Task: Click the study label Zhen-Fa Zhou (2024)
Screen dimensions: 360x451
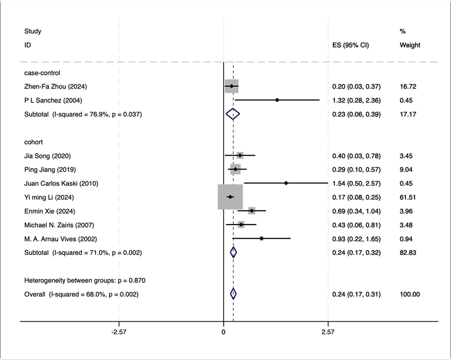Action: coord(56,86)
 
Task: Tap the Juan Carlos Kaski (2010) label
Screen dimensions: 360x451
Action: coord(61,183)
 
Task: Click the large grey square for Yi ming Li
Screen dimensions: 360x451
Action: coord(230,197)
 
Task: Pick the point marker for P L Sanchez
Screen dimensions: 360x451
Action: coord(277,100)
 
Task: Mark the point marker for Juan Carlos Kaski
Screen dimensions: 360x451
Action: coord(286,183)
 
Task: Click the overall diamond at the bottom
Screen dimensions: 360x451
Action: coord(233,294)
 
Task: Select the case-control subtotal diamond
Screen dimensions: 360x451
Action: coord(233,114)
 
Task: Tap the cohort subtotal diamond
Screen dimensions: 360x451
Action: coord(233,253)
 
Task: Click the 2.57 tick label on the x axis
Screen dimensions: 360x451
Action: coord(328,333)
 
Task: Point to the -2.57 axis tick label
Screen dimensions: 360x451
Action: coord(119,333)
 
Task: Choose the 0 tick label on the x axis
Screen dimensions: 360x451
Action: coord(223,333)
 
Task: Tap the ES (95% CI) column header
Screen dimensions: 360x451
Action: coord(350,45)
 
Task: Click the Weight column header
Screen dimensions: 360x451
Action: coord(410,45)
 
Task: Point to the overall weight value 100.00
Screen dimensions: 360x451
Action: coord(410,294)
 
